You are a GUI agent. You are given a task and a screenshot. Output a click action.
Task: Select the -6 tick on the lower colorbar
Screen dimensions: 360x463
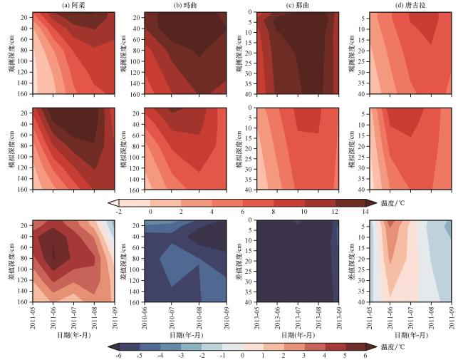tap(118, 354)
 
